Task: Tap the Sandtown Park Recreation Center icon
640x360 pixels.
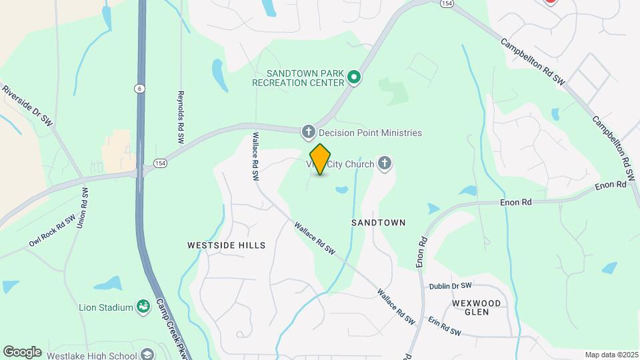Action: pos(355,78)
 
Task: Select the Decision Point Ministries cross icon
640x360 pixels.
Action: pos(308,133)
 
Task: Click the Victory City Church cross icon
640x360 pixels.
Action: pos(384,163)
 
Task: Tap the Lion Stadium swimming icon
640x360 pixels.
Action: pos(143,307)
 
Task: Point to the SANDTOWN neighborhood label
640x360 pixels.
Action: pos(378,223)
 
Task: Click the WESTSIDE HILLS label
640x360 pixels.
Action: pos(227,245)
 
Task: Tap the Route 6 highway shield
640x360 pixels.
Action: pos(139,89)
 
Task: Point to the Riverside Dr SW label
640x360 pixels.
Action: pos(27,105)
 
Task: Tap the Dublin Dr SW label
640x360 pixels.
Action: pos(450,286)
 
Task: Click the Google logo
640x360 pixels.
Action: pos(22,352)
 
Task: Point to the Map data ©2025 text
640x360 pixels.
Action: pos(611,355)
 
